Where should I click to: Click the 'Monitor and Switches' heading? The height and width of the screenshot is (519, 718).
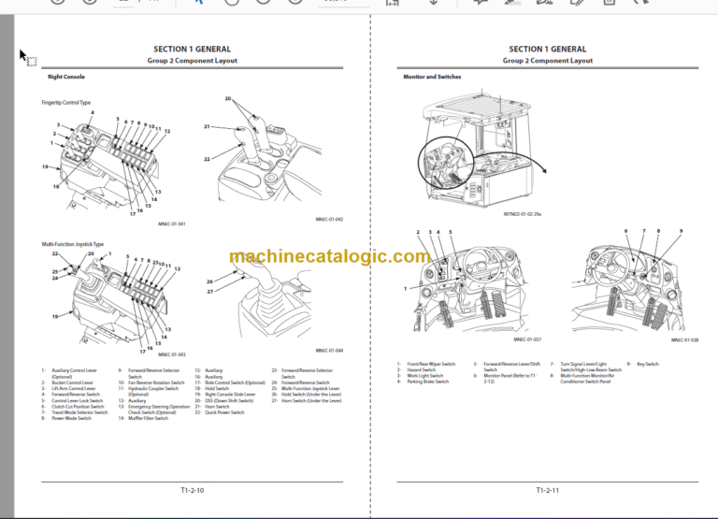(431, 77)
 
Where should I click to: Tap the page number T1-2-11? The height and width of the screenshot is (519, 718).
(547, 489)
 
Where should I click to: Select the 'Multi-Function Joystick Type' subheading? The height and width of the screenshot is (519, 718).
(73, 244)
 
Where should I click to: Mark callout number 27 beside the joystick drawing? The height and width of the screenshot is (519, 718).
(209, 292)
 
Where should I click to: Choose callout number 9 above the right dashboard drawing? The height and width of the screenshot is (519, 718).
(681, 231)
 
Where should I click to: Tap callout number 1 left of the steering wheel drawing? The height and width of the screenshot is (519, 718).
(406, 289)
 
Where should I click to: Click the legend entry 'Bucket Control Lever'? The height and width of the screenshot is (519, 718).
(74, 382)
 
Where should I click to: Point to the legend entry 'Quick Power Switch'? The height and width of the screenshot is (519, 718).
(224, 412)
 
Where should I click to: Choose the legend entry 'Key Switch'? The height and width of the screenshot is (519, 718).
(644, 364)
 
